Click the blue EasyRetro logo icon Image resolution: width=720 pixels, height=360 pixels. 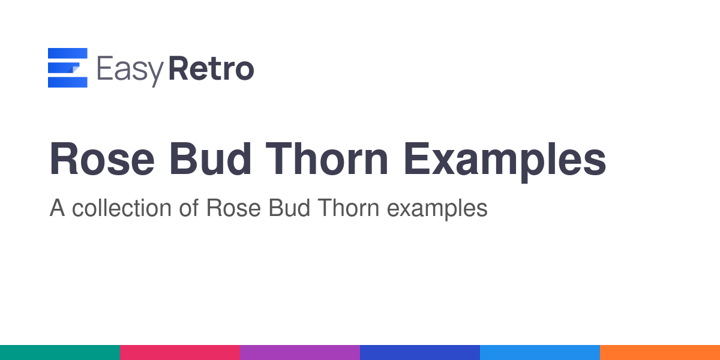click(x=67, y=67)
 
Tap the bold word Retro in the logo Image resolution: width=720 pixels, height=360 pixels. click(x=211, y=68)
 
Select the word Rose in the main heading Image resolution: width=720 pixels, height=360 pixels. click(x=102, y=159)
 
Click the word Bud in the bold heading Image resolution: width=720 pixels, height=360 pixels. click(x=210, y=159)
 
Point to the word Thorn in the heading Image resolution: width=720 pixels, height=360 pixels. click(x=327, y=159)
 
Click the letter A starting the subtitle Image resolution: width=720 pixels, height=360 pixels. click(x=57, y=208)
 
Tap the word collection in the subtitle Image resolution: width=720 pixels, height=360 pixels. click(x=121, y=208)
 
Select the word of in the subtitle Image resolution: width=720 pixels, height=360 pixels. click(x=188, y=208)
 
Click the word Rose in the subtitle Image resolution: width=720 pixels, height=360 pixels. click(x=233, y=208)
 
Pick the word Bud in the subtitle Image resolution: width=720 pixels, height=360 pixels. click(x=289, y=208)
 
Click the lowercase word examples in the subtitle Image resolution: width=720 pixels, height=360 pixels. click(x=437, y=209)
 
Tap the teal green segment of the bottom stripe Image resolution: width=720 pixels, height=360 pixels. click(x=60, y=353)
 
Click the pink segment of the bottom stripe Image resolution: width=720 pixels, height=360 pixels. click(x=180, y=353)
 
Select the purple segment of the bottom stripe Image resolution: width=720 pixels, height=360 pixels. click(x=300, y=353)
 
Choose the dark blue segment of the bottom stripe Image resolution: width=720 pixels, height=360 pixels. click(x=420, y=353)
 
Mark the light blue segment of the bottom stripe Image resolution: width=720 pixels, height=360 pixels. click(x=540, y=353)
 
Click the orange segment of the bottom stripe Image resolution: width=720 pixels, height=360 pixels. click(x=660, y=353)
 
